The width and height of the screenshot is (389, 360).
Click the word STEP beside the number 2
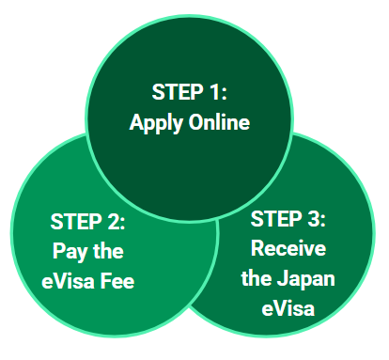78,224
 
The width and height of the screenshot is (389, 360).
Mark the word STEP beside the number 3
278,220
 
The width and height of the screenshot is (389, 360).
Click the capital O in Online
194,122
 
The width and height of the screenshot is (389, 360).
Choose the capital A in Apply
137,122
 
